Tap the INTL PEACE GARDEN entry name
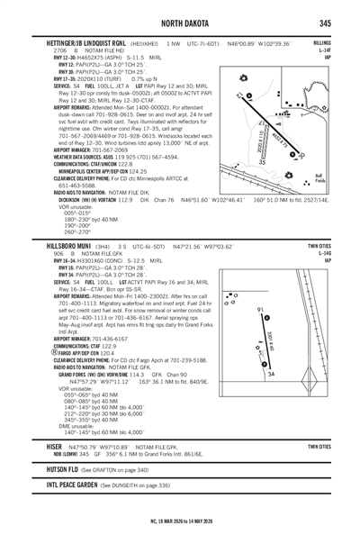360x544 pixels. (x=61, y=512)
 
